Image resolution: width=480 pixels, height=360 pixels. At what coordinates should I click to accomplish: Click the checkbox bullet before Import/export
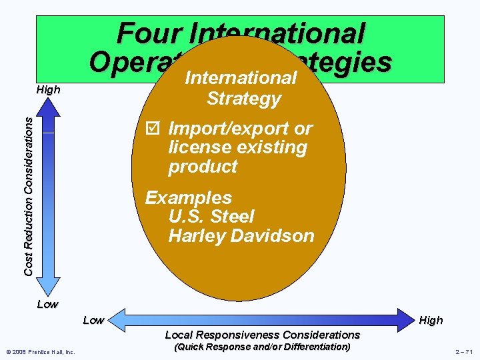click(152, 128)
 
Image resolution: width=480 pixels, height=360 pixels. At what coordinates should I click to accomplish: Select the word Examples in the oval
click(189, 198)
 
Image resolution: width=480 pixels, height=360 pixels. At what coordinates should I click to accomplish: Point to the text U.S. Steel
click(211, 217)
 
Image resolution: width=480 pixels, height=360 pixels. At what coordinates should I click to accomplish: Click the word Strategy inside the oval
click(243, 99)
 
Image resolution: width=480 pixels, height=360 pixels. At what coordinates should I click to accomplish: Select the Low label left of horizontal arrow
click(93, 321)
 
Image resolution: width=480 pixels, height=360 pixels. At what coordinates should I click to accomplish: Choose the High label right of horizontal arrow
click(431, 321)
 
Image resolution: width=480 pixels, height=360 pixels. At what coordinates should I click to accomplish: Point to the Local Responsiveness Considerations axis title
click(262, 335)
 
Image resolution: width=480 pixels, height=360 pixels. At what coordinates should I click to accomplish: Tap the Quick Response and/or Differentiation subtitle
click(262, 347)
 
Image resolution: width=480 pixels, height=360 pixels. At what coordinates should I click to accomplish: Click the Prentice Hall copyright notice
click(41, 351)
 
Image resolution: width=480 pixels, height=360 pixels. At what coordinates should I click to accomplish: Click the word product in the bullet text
click(203, 167)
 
